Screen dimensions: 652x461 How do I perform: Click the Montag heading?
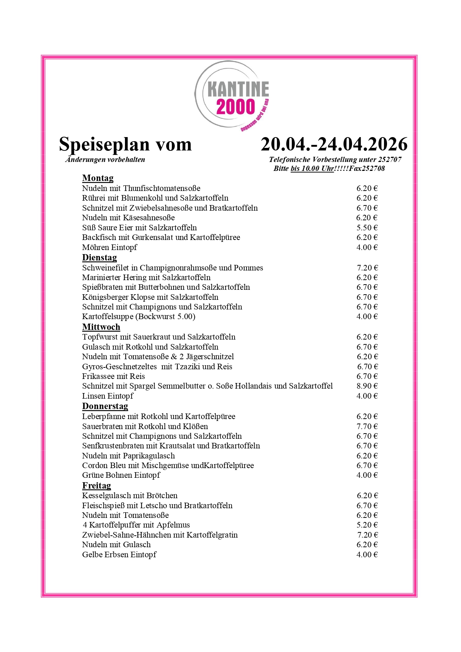tap(98, 178)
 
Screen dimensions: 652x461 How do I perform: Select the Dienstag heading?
tap(99, 258)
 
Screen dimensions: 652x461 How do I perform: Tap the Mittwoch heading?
tap(101, 327)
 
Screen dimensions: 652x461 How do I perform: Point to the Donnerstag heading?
tap(105, 406)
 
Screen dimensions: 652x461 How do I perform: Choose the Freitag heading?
tap(96, 486)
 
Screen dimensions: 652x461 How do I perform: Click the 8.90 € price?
tap(367, 386)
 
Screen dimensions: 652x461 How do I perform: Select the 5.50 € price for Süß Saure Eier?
tap(367, 228)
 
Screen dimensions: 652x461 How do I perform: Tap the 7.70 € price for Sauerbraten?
tap(367, 426)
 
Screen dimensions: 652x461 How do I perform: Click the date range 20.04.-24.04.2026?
tap(334, 144)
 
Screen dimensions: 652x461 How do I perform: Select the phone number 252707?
tap(390, 160)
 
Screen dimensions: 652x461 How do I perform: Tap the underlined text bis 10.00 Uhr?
tap(312, 169)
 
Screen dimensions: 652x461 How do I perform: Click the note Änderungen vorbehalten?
tap(105, 160)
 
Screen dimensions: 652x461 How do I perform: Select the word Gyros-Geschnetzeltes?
tap(119, 367)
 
